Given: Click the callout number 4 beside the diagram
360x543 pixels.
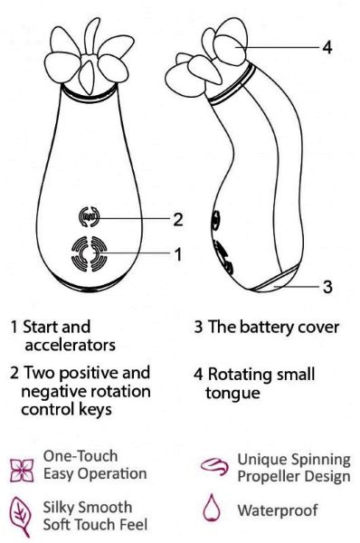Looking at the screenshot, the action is tap(327, 47).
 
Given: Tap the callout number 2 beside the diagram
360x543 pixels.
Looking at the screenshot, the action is tap(177, 219).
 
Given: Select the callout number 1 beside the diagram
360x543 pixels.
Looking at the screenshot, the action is tap(178, 254).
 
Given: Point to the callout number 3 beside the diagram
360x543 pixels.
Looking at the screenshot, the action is tap(327, 287).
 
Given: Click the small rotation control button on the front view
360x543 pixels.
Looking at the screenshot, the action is tap(90, 217).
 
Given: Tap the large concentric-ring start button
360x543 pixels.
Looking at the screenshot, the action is tap(90, 254).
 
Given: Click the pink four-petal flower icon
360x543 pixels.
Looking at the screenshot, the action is tap(22, 471).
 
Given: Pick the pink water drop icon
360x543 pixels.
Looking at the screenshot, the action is tap(211, 508).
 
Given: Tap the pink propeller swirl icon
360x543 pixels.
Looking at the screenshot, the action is tap(214, 466).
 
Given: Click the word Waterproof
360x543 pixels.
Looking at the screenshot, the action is tap(278, 510).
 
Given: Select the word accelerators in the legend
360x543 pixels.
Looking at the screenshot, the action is tap(71, 345).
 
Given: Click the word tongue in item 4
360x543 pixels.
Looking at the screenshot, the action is tap(232, 394).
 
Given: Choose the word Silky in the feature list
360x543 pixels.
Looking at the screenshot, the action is tap(61, 508).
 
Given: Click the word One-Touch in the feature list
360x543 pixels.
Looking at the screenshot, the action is tap(81, 456).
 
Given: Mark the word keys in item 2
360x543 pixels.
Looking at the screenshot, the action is tap(96, 410).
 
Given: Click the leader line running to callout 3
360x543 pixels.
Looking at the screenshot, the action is tap(296, 287).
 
